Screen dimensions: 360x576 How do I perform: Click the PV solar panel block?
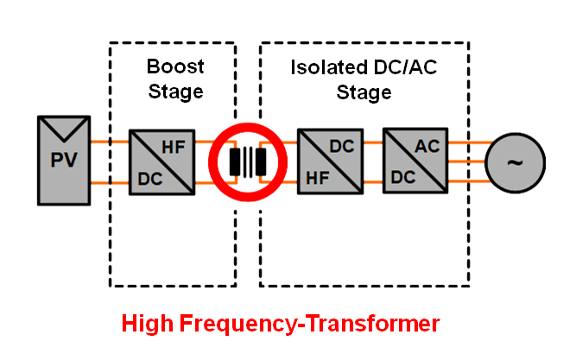(x=62, y=161)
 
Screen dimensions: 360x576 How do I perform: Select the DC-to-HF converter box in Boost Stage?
(x=162, y=161)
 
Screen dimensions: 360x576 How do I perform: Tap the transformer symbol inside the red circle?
(x=248, y=161)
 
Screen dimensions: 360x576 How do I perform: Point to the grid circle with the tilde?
(x=516, y=161)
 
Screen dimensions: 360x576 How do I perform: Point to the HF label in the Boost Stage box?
(x=175, y=148)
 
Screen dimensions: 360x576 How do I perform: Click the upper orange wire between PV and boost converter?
(x=107, y=140)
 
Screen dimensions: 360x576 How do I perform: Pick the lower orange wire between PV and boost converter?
(x=107, y=183)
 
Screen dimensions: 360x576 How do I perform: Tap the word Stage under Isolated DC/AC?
(x=364, y=92)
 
